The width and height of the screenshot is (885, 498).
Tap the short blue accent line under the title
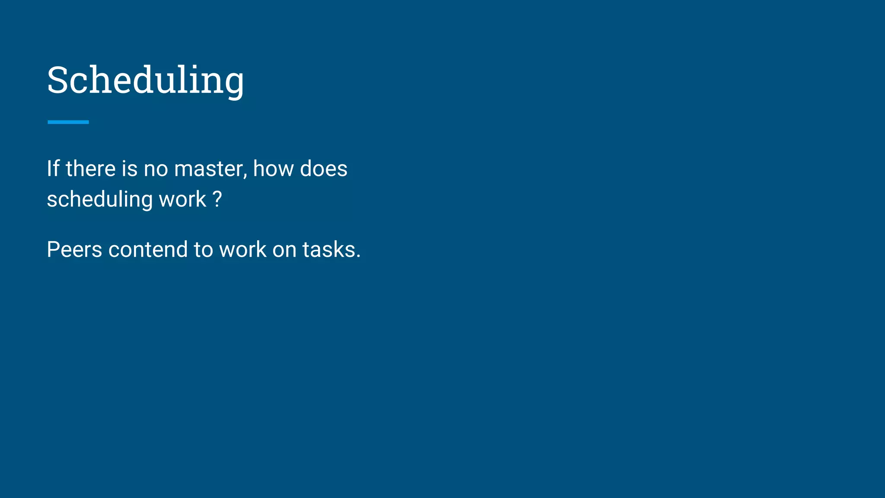68,122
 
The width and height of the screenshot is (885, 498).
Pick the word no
156,169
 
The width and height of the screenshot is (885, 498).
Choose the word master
209,169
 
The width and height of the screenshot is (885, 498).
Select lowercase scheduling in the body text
100,200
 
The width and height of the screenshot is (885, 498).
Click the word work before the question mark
182,199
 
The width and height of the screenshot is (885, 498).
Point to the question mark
217,199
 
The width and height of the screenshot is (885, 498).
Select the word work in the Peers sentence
243,249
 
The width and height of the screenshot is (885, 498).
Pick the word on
284,250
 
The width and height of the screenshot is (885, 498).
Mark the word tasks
328,249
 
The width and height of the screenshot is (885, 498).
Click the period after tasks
358,257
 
